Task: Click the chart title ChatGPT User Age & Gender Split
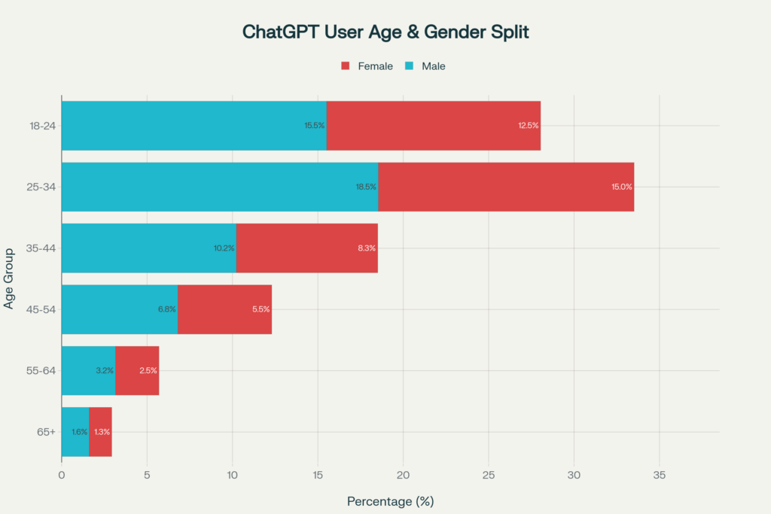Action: pyautogui.click(x=385, y=32)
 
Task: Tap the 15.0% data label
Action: pyautogui.click(x=622, y=187)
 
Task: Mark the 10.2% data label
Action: pyautogui.click(x=224, y=248)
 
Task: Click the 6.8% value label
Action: pyautogui.click(x=166, y=309)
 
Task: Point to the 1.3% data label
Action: pyautogui.click(x=101, y=432)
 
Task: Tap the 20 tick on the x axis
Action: pyautogui.click(x=403, y=475)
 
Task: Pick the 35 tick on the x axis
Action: pyautogui.click(x=659, y=475)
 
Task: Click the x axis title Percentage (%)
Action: pyautogui.click(x=390, y=500)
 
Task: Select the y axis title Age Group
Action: pyautogui.click(x=9, y=278)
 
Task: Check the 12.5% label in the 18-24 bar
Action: pyautogui.click(x=528, y=126)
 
